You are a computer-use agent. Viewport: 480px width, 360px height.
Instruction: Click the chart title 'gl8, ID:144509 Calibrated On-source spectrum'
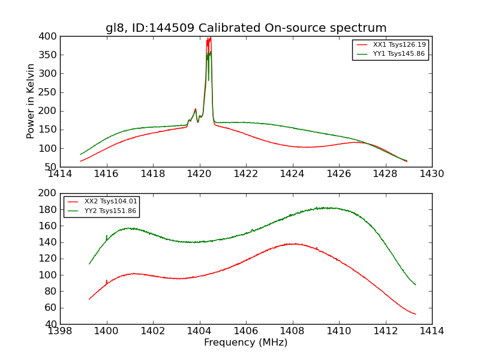[x=246, y=28]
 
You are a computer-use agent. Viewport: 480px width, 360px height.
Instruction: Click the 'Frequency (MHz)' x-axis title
[x=246, y=343]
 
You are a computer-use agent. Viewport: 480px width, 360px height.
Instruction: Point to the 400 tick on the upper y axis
[x=50, y=37]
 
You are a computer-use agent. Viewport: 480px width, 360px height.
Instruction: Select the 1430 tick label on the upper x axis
[x=431, y=174]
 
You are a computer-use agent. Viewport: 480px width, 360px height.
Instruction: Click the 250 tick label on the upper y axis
[x=50, y=92]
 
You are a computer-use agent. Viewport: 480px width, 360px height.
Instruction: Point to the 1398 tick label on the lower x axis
[x=60, y=331]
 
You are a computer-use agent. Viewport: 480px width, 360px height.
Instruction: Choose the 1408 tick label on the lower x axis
[x=292, y=331]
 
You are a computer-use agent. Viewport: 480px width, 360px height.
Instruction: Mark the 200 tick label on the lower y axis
[x=50, y=193]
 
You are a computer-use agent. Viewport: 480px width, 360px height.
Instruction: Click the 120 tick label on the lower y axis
[x=50, y=259]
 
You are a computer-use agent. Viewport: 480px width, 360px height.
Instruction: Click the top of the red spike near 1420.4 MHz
[x=209, y=38]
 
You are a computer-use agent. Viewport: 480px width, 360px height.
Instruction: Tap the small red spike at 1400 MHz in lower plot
[x=107, y=280]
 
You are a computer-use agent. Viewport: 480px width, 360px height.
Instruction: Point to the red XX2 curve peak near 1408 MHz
[x=293, y=244]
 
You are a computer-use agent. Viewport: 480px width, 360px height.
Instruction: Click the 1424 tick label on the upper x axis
[x=292, y=174]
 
